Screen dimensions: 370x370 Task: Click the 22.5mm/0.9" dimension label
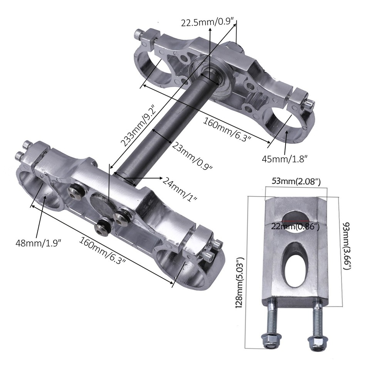point(209,22)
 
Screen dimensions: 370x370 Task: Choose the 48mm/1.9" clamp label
point(38,244)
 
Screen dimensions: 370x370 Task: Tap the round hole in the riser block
point(296,221)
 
